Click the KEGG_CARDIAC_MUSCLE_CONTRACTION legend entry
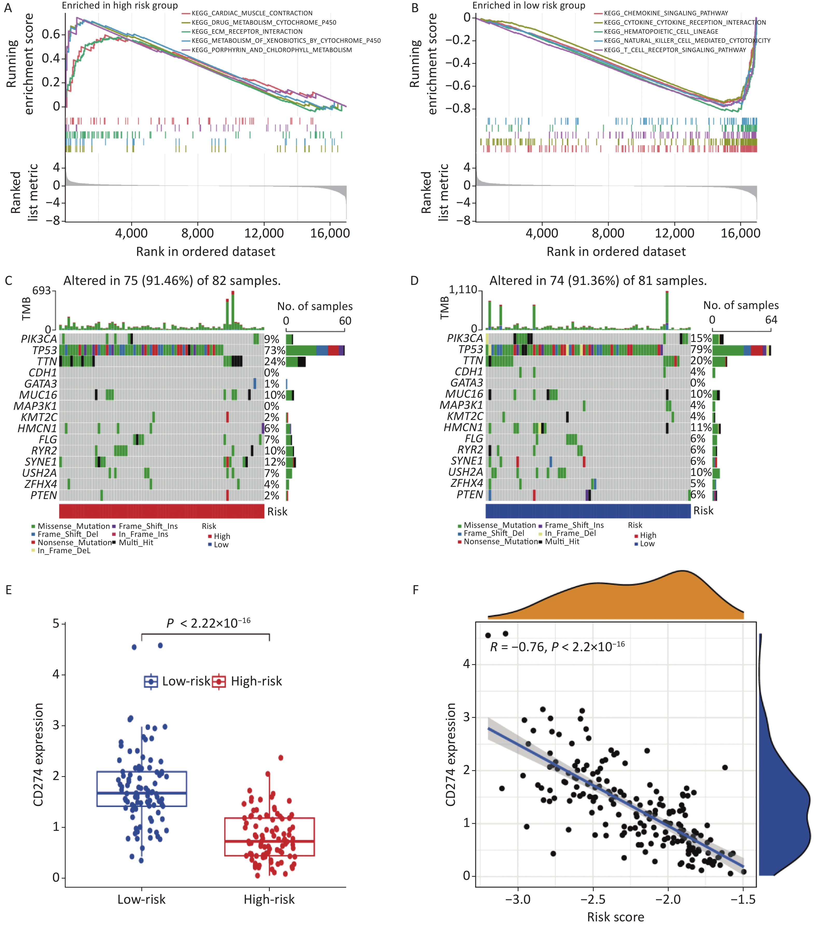[x=252, y=13]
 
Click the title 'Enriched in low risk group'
[x=528, y=5]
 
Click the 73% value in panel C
[x=275, y=350]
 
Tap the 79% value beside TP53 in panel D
[x=701, y=349]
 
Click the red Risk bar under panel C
[x=161, y=511]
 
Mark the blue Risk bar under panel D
[x=588, y=510]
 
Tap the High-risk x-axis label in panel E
[x=269, y=899]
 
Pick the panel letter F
[x=416, y=590]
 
